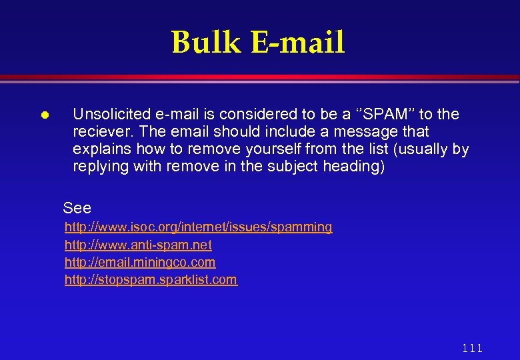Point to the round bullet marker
(x=43, y=115)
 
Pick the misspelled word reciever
(x=98, y=131)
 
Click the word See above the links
(x=77, y=207)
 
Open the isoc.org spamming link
(x=198, y=227)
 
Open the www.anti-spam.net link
(x=138, y=245)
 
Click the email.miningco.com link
(x=140, y=262)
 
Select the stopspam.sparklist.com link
(x=151, y=279)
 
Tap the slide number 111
(x=471, y=348)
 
